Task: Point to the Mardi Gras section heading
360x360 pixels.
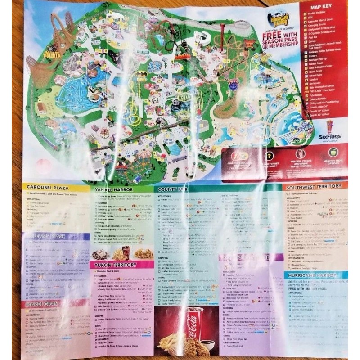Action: [40, 305]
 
